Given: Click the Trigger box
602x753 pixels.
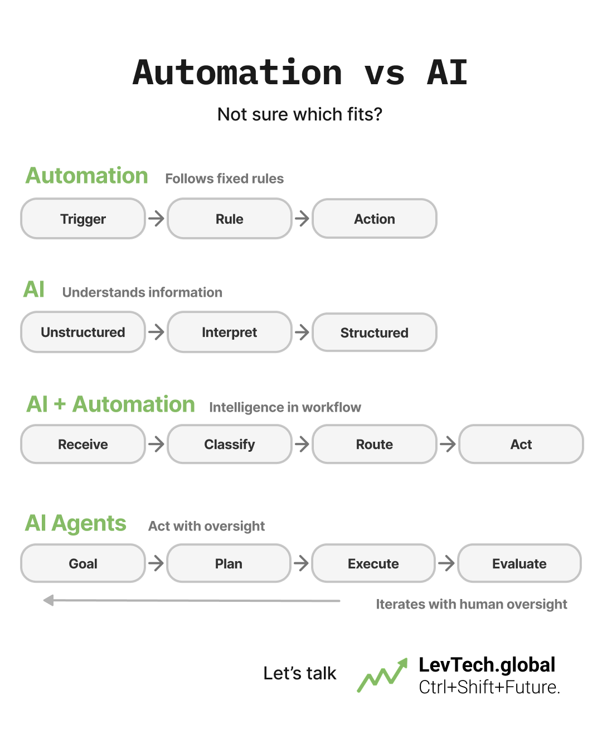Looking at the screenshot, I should pos(83,219).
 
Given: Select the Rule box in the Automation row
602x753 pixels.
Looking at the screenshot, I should pos(229,219).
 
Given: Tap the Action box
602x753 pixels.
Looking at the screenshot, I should pos(375,219).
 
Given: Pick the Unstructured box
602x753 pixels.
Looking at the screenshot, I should pos(83,332).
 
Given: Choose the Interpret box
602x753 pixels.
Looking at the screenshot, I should pos(229,332).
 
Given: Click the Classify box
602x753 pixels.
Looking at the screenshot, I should pos(229,445).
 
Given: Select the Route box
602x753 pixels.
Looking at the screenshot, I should pos(375,445).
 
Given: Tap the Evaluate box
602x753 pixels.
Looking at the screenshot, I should pos(519,563).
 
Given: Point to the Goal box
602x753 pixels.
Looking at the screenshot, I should pos(83,563).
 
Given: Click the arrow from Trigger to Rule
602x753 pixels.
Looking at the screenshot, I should pos(157,218).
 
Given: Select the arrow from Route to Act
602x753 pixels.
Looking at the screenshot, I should pos(448,444).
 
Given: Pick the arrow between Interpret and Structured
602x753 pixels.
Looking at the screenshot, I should pos(302,332).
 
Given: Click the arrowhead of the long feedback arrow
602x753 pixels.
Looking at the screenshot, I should pos(49,600).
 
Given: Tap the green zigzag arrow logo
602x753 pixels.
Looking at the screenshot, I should pos(382,675).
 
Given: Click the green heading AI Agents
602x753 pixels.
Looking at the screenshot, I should pos(76,523).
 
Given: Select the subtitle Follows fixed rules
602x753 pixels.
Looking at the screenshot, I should pos(224,178).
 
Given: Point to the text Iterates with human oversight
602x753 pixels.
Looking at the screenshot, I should pos(471,604).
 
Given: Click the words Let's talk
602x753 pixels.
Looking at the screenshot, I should pos(300,673).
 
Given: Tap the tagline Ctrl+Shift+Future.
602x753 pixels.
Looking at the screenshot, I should pos(489,687).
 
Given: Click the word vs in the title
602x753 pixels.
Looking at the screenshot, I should pos(385,73).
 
